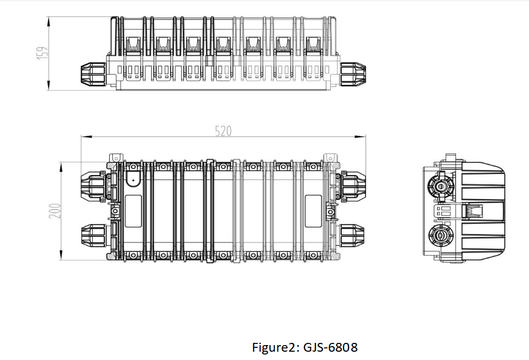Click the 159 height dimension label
[43, 54]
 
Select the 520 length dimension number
[223, 131]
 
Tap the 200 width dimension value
[55, 211]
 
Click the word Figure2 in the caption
[273, 347]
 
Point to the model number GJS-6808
[331, 347]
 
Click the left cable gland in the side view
[94, 74]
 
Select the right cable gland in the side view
[352, 74]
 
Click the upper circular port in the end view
[441, 185]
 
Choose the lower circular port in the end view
[441, 237]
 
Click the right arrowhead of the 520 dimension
[361, 136]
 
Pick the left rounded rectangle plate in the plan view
[133, 211]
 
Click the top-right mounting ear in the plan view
[330, 158]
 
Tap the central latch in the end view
[472, 211]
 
